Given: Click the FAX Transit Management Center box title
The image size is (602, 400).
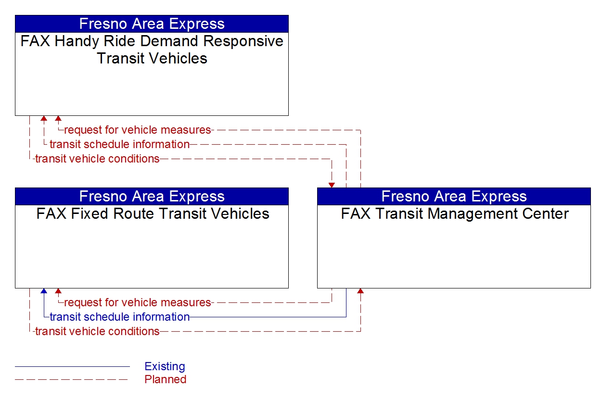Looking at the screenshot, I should pyautogui.click(x=454, y=213).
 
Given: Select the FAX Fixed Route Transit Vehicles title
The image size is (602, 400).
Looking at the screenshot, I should pyautogui.click(x=152, y=213).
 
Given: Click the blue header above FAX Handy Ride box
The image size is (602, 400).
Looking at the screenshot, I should pyautogui.click(x=152, y=24).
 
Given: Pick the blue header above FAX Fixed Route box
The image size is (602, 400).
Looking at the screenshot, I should pyautogui.click(x=152, y=196).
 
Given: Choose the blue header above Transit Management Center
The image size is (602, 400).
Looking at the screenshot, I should pyautogui.click(x=454, y=196).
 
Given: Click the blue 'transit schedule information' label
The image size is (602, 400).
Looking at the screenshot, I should pyautogui.click(x=119, y=317).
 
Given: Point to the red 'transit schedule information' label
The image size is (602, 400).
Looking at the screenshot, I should pyautogui.click(x=119, y=144).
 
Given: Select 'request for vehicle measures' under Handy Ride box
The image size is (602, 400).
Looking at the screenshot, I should pyautogui.click(x=137, y=130).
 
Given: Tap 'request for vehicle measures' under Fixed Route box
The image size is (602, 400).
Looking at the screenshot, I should pyautogui.click(x=137, y=302).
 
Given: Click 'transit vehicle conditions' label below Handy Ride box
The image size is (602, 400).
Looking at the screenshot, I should pyautogui.click(x=97, y=159).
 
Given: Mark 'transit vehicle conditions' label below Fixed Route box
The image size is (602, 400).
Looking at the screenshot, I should pyautogui.click(x=97, y=331).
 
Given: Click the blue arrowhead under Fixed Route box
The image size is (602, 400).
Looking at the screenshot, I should pyautogui.click(x=44, y=291).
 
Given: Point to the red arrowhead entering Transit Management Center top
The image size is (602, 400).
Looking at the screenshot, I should pyautogui.click(x=332, y=185).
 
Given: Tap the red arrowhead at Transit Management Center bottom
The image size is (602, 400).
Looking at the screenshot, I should pyautogui.click(x=360, y=291).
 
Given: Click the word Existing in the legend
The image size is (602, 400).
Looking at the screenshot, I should pyautogui.click(x=165, y=366).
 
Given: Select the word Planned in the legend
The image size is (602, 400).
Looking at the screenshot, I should pyautogui.click(x=165, y=379).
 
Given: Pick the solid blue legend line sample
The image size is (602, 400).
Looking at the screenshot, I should pyautogui.click(x=72, y=367).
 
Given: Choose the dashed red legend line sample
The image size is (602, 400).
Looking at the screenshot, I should pyautogui.click(x=72, y=380).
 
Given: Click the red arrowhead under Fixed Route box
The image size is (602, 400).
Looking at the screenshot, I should pyautogui.click(x=58, y=291).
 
